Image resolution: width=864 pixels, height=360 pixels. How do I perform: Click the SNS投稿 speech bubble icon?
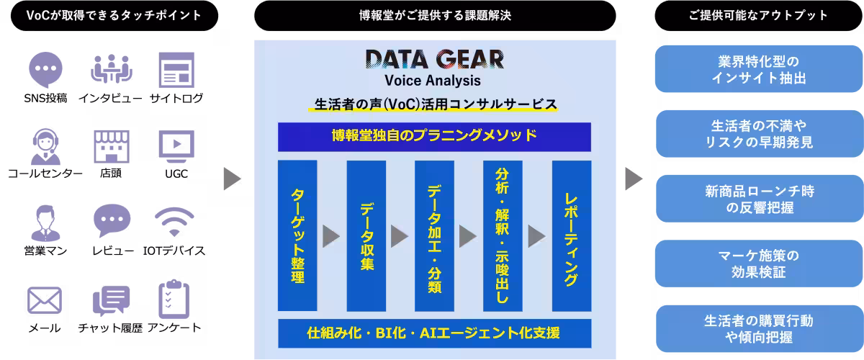(45, 70)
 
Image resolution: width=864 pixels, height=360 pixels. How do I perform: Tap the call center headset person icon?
(45, 147)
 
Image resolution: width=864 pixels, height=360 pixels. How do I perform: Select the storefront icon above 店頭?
(112, 147)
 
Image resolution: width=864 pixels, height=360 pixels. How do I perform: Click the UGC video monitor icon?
(176, 147)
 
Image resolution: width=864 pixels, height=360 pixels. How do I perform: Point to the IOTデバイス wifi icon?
(174, 222)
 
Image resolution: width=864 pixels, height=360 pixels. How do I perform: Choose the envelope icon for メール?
(45, 300)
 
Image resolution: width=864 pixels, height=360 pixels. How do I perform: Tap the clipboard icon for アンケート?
(174, 299)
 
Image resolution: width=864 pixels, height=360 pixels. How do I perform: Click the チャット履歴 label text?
(110, 328)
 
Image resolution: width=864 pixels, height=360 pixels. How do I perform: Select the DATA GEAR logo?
(435, 59)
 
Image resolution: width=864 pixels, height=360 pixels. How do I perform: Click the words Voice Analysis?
(433, 81)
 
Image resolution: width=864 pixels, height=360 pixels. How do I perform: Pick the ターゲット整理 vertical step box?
(297, 235)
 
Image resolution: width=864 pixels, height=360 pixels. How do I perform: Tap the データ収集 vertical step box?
(366, 235)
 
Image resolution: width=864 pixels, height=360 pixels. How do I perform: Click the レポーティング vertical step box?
(572, 235)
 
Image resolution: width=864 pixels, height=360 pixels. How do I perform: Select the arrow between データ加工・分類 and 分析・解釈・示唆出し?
(468, 236)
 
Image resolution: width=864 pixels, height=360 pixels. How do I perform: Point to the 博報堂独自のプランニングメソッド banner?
(434, 137)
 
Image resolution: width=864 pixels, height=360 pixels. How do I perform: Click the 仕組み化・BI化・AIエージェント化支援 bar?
(435, 333)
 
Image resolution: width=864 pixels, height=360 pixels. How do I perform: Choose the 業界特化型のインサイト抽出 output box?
(759, 69)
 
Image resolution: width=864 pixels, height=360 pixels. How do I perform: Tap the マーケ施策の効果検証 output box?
(759, 264)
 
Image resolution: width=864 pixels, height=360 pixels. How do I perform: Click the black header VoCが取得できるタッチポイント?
(114, 15)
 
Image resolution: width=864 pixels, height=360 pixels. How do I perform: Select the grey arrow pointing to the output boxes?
(634, 179)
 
